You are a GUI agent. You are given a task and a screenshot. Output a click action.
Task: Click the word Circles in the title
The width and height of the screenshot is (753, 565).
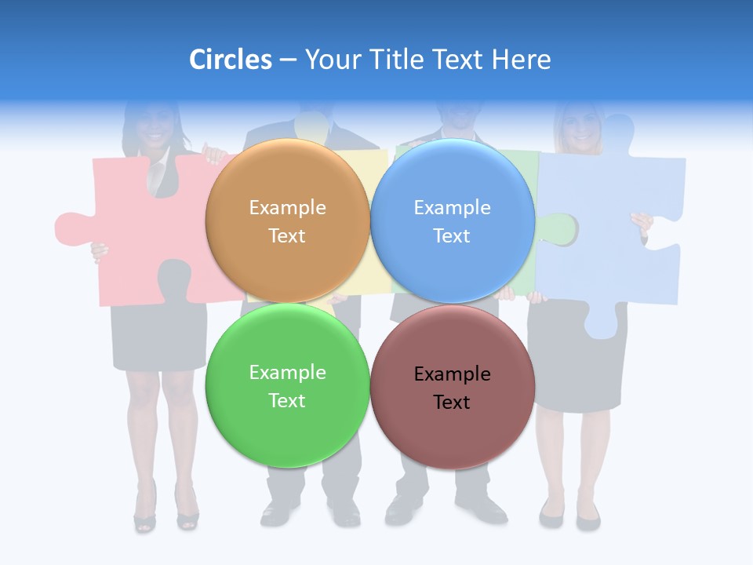tap(230, 60)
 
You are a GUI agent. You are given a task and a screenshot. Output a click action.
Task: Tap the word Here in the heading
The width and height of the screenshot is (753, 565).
tap(521, 60)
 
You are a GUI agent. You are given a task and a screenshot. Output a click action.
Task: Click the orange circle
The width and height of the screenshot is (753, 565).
tap(287, 180)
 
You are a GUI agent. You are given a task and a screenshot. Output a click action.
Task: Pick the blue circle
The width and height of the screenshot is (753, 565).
tap(452, 180)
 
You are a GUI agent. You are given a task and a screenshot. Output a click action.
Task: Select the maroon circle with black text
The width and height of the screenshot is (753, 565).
tap(452, 432)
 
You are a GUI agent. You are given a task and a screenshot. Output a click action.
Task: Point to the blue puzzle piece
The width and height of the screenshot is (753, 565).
tap(612, 235)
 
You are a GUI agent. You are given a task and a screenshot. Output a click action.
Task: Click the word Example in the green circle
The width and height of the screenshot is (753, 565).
tap(287, 372)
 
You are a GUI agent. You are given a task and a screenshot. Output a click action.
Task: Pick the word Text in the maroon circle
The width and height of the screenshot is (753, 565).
tap(452, 403)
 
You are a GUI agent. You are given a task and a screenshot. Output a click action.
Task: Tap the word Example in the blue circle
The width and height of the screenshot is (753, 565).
tap(452, 207)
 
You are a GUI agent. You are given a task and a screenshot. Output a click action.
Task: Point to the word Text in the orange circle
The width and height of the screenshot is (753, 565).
tap(287, 235)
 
